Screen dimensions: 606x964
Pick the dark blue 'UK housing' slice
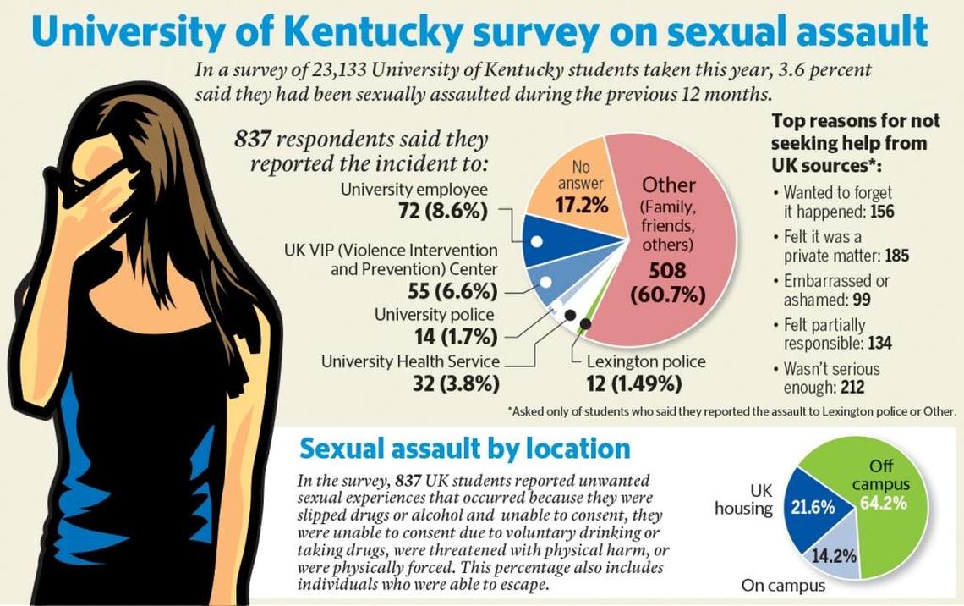(x=812, y=508)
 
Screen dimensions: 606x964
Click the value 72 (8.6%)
(x=442, y=211)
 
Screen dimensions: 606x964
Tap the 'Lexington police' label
(x=646, y=361)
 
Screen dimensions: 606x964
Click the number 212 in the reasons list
(x=852, y=388)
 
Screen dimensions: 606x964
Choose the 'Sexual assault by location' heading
(x=464, y=448)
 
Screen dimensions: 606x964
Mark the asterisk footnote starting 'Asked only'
(x=731, y=412)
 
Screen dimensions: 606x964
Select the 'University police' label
(x=434, y=315)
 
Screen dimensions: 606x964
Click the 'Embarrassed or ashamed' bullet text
(x=835, y=289)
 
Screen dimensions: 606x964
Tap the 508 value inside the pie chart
(x=668, y=272)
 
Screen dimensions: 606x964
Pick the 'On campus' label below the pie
(x=783, y=586)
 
